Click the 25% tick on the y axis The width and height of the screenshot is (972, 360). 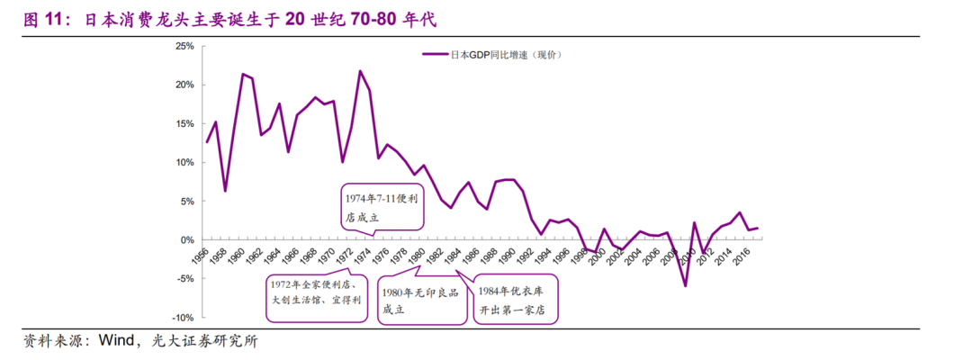tap(184, 46)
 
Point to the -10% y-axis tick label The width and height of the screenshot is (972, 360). tap(182, 319)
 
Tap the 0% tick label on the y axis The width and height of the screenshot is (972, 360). tap(186, 240)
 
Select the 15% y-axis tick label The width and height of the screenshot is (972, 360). tap(184, 124)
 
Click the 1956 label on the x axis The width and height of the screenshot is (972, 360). tap(201, 255)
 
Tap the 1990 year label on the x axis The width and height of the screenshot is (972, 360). tap(507, 255)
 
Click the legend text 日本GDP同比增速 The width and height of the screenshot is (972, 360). tap(493, 55)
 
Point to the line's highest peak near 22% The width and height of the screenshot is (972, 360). tap(360, 71)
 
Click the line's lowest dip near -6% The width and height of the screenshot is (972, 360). tap(686, 286)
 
